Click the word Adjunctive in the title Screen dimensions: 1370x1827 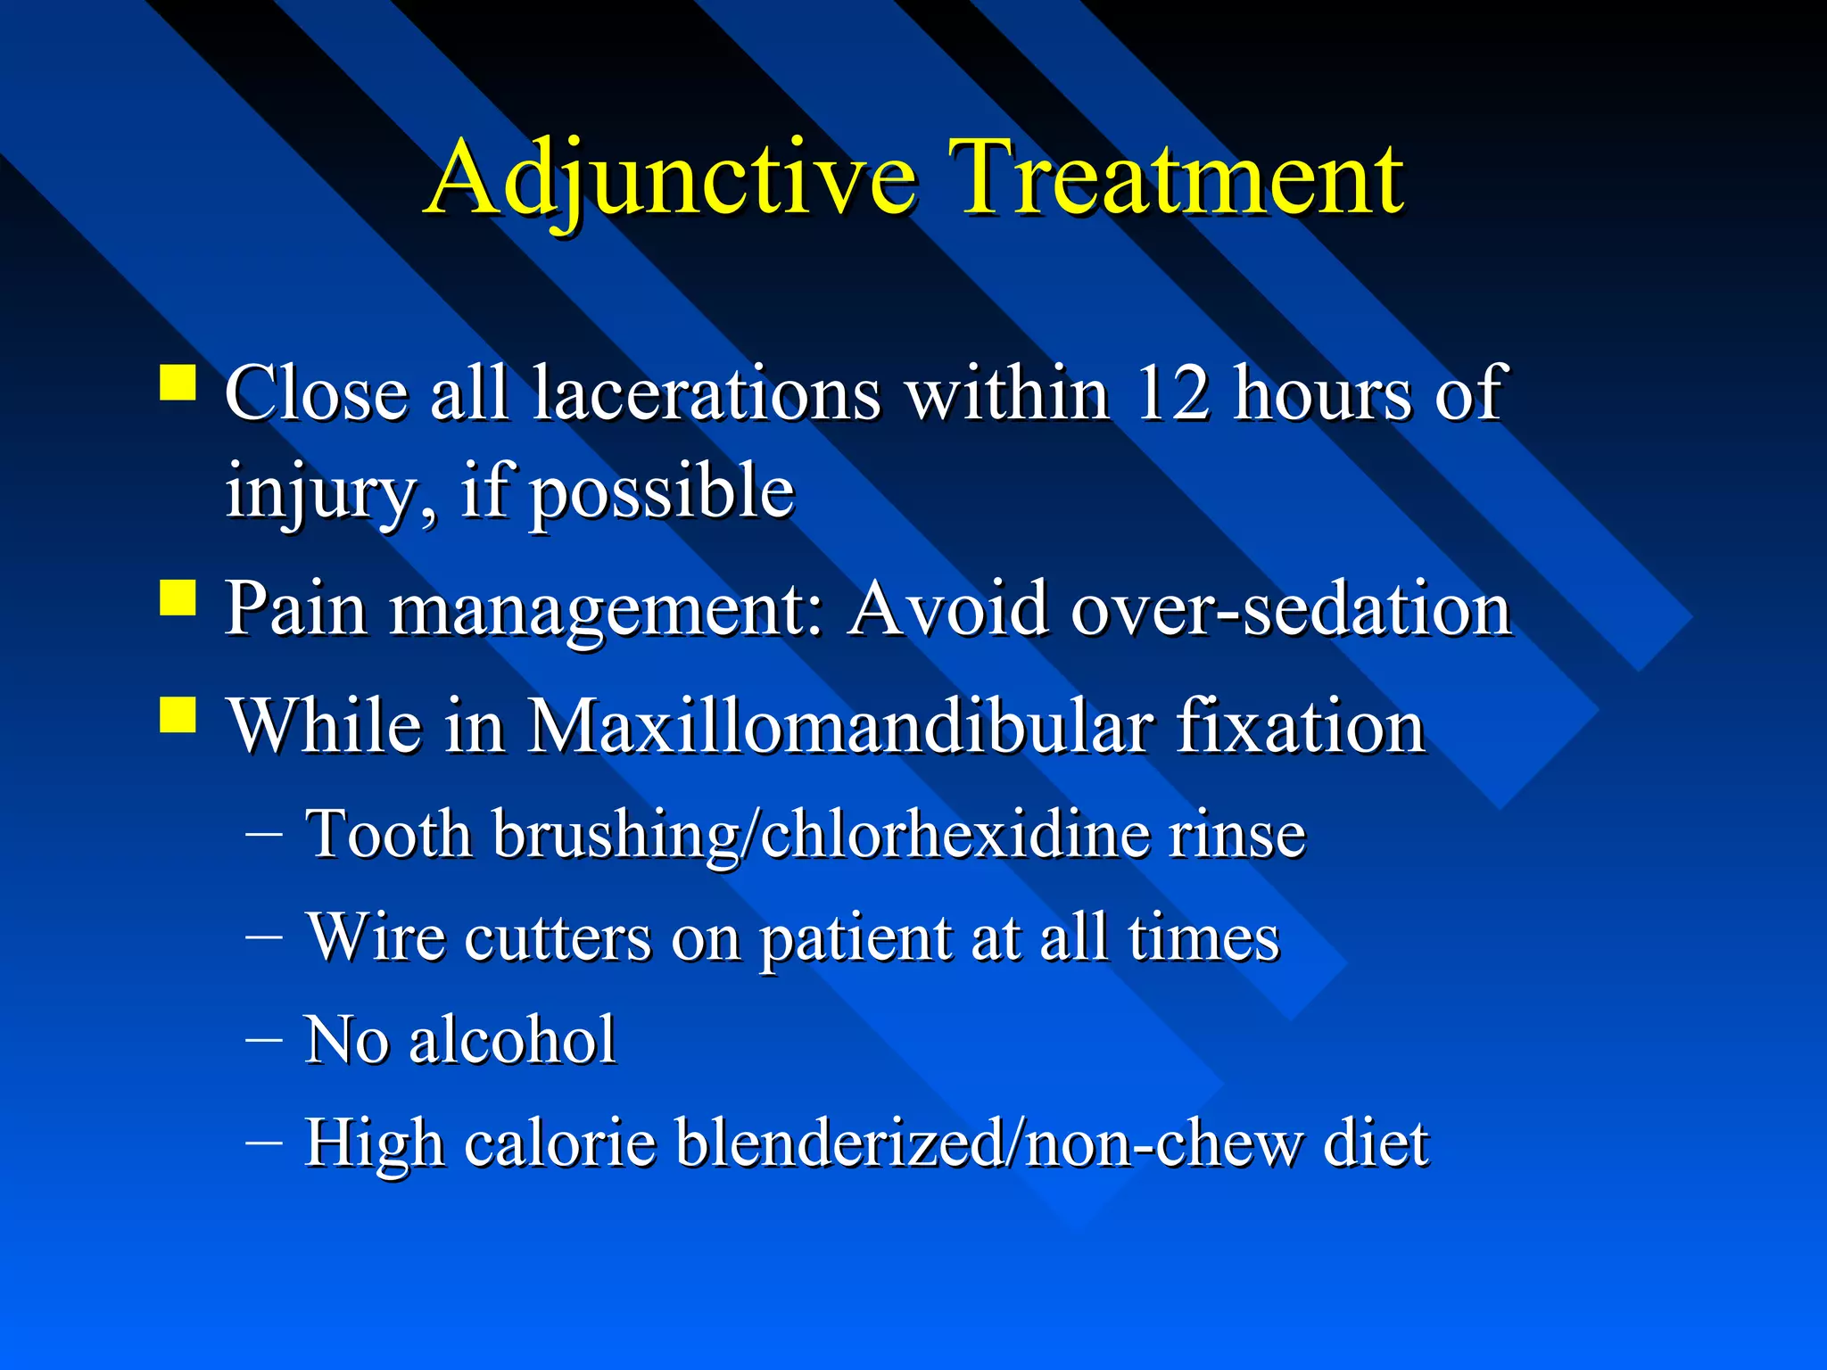pyautogui.click(x=671, y=178)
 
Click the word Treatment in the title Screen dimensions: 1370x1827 pyautogui.click(x=1179, y=178)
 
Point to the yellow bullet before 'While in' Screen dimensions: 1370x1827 pyautogui.click(x=178, y=714)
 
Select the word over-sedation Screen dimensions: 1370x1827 pyautogui.click(x=1291, y=609)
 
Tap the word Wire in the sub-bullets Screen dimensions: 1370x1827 pyautogui.click(x=376, y=937)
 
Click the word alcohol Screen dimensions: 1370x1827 pyautogui.click(x=512, y=1040)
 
